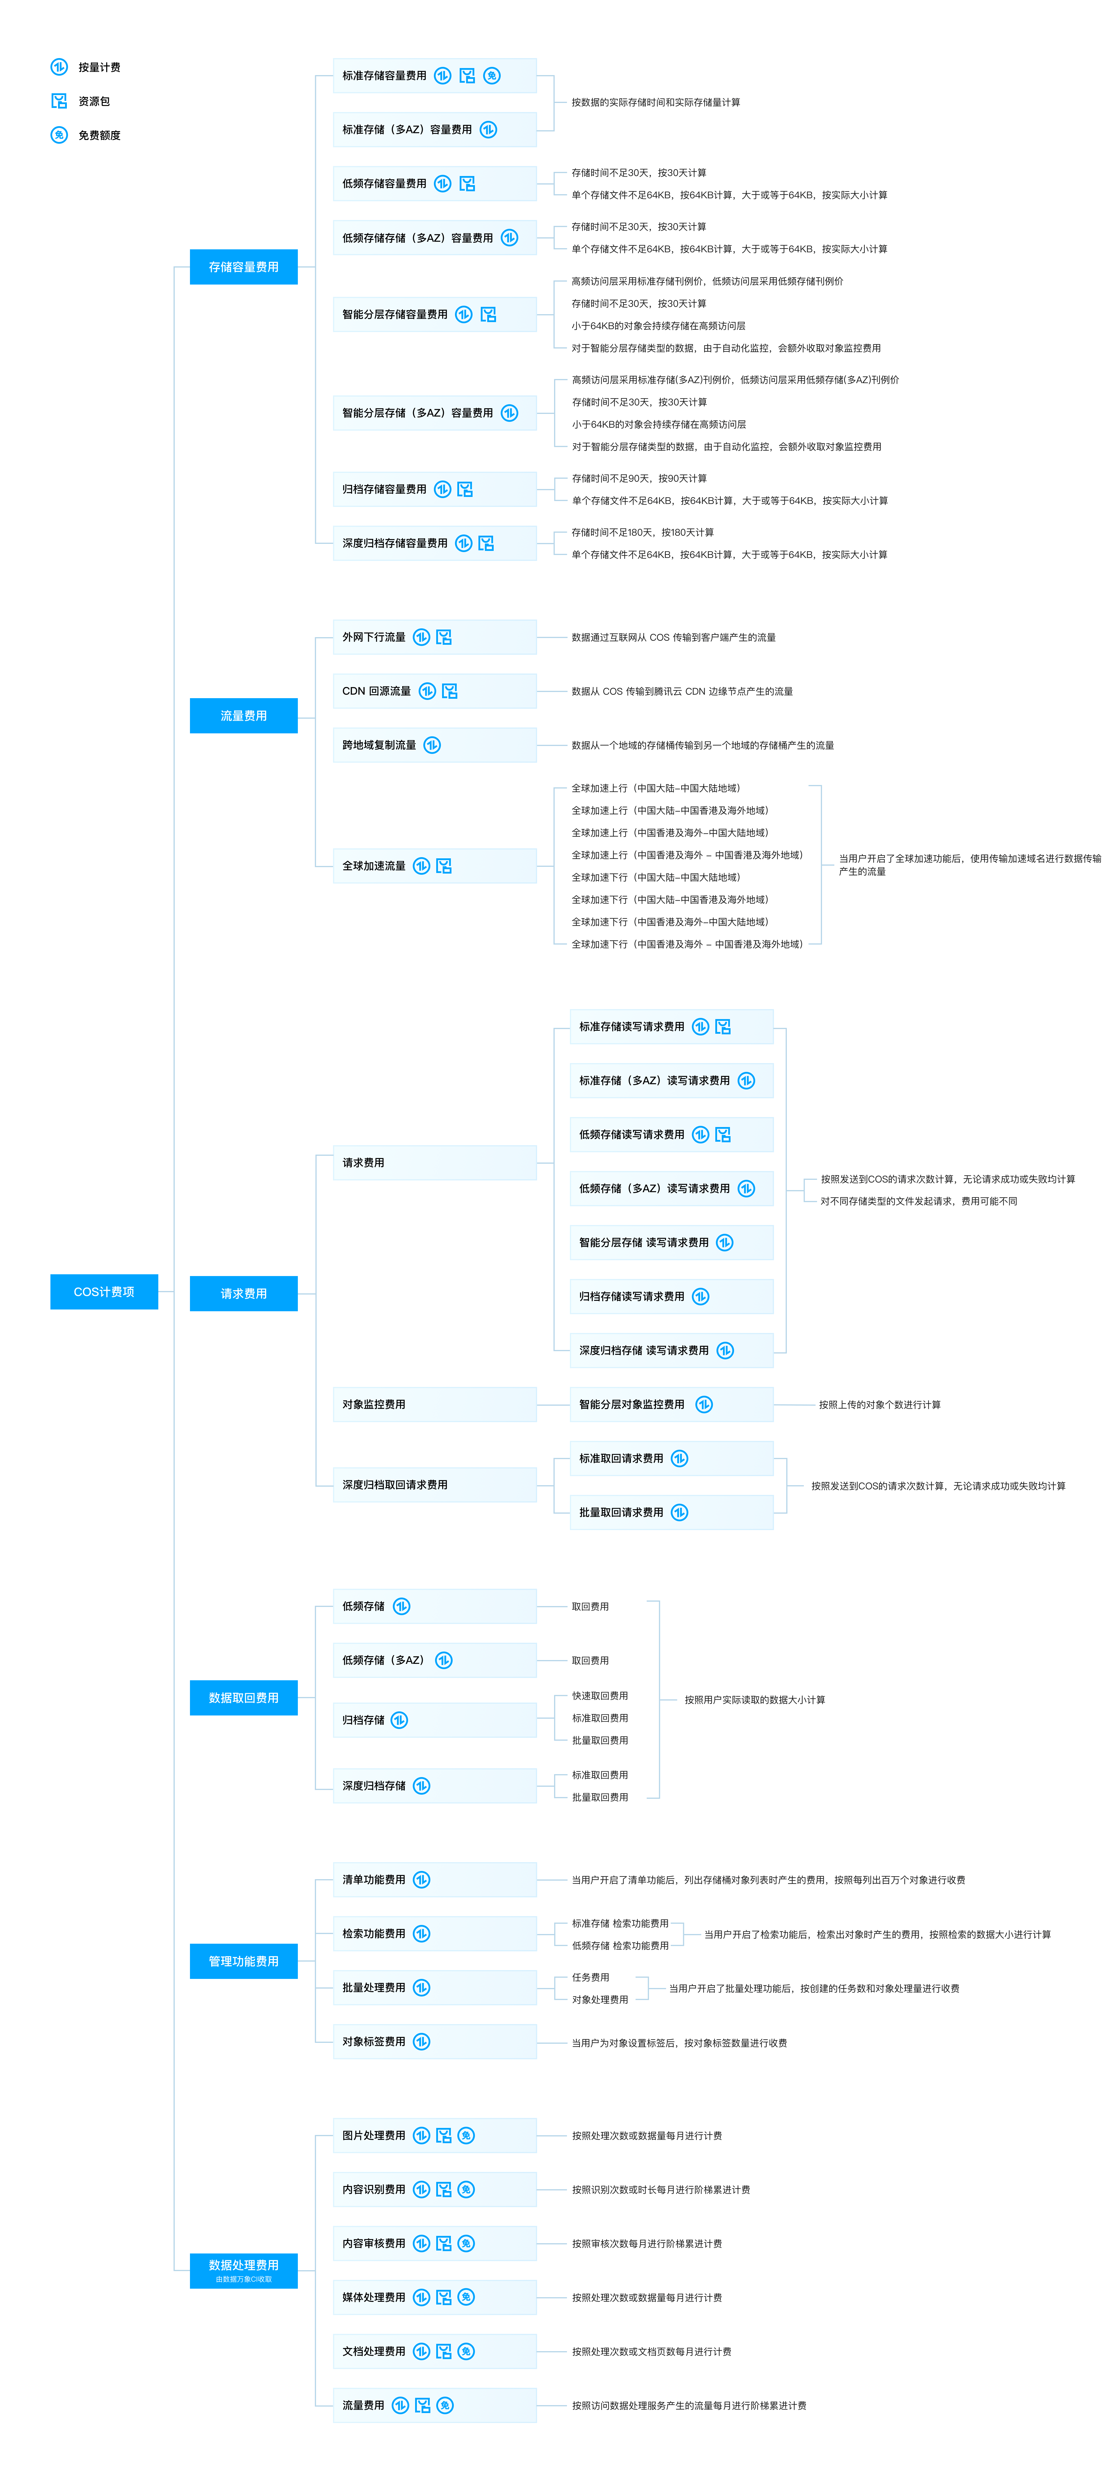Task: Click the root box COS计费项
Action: [x=104, y=1291]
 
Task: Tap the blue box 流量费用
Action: [x=243, y=715]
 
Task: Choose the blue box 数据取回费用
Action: [x=243, y=1697]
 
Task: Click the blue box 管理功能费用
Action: [x=243, y=1961]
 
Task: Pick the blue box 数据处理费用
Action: [x=243, y=2270]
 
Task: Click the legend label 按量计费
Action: [x=99, y=67]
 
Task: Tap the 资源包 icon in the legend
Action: [x=59, y=101]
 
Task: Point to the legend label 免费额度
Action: [x=99, y=136]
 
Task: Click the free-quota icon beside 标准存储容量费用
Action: [x=492, y=76]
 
